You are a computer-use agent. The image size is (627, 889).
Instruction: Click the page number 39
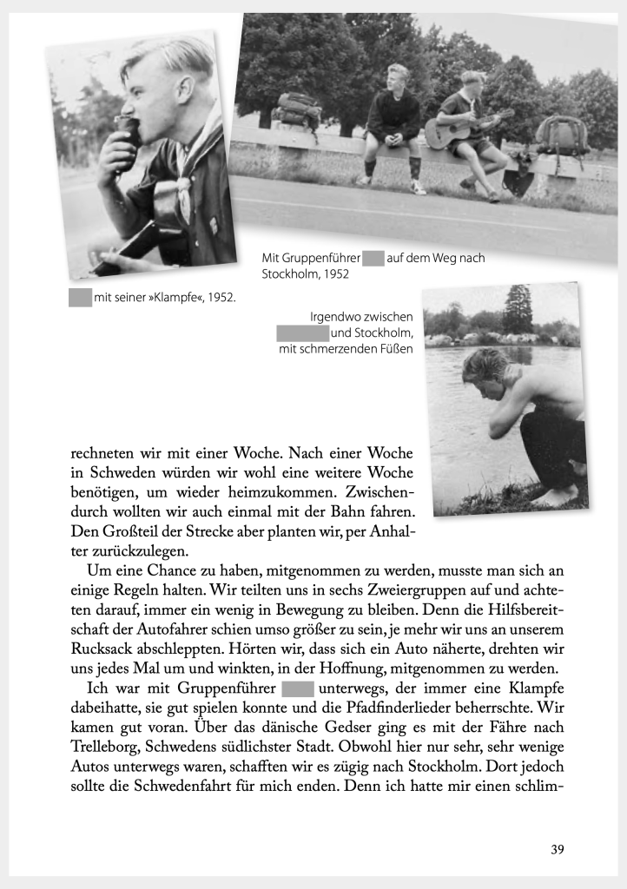pyautogui.click(x=557, y=849)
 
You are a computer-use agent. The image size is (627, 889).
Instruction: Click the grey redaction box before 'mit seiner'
pyautogui.click(x=80, y=298)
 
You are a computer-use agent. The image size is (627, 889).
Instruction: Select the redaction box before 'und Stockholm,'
pyautogui.click(x=302, y=333)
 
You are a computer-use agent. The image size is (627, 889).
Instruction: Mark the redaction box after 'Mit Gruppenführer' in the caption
pyautogui.click(x=373, y=258)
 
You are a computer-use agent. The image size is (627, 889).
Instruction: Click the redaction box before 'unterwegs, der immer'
pyautogui.click(x=298, y=689)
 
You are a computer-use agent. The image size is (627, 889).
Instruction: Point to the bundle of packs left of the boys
pyautogui.click(x=299, y=110)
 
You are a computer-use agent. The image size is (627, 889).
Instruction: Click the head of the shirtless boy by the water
pyautogui.click(x=483, y=374)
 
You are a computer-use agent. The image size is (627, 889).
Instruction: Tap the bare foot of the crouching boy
pyautogui.click(x=556, y=497)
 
